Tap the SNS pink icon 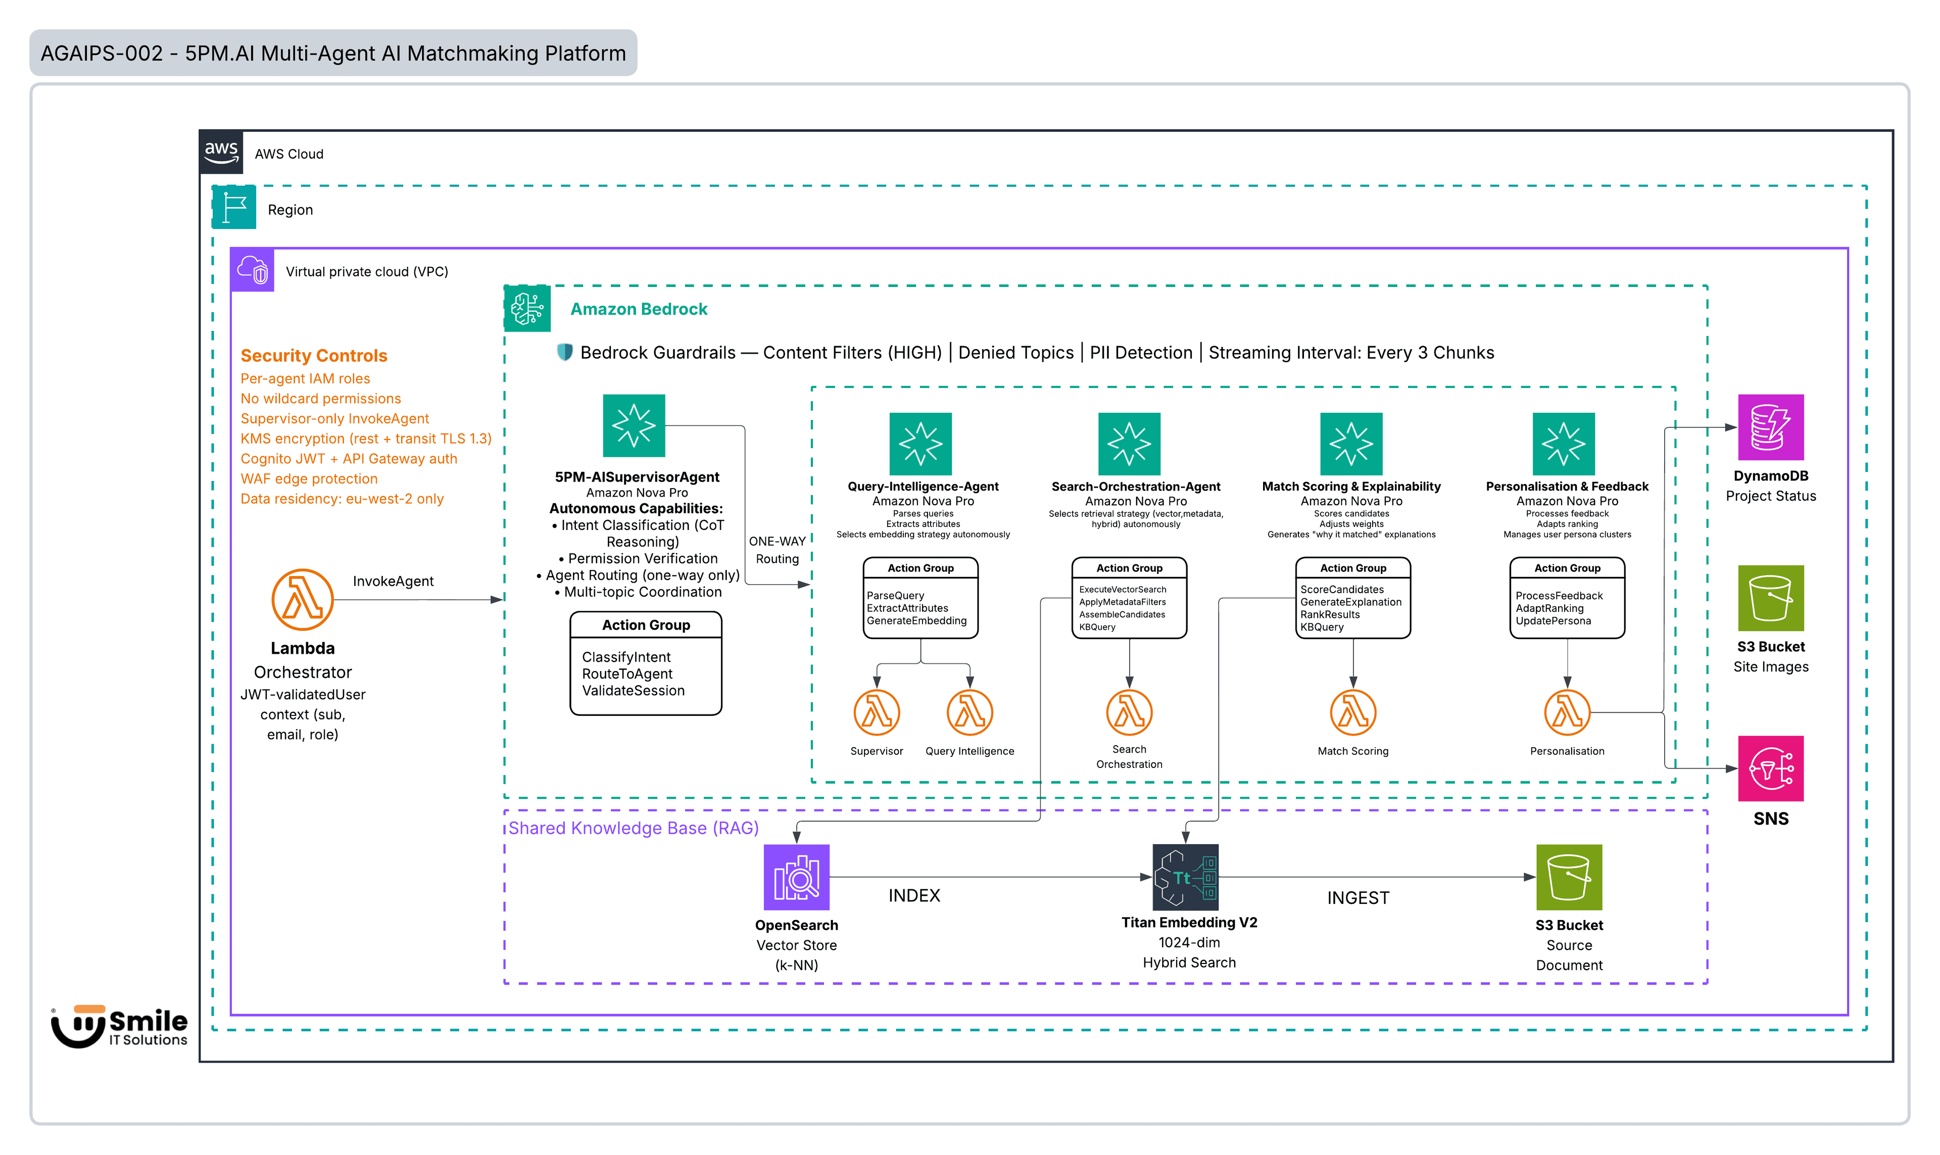point(1770,767)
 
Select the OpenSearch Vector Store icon point(796,877)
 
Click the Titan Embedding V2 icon point(1184,877)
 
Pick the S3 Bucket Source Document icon point(1568,877)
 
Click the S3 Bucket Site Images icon point(1770,597)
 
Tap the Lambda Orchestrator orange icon point(302,599)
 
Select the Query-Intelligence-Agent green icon point(920,444)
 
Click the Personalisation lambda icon point(1567,712)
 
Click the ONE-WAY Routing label point(777,550)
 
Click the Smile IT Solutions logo point(119,1026)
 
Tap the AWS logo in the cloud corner point(221,152)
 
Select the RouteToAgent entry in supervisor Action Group point(626,673)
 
